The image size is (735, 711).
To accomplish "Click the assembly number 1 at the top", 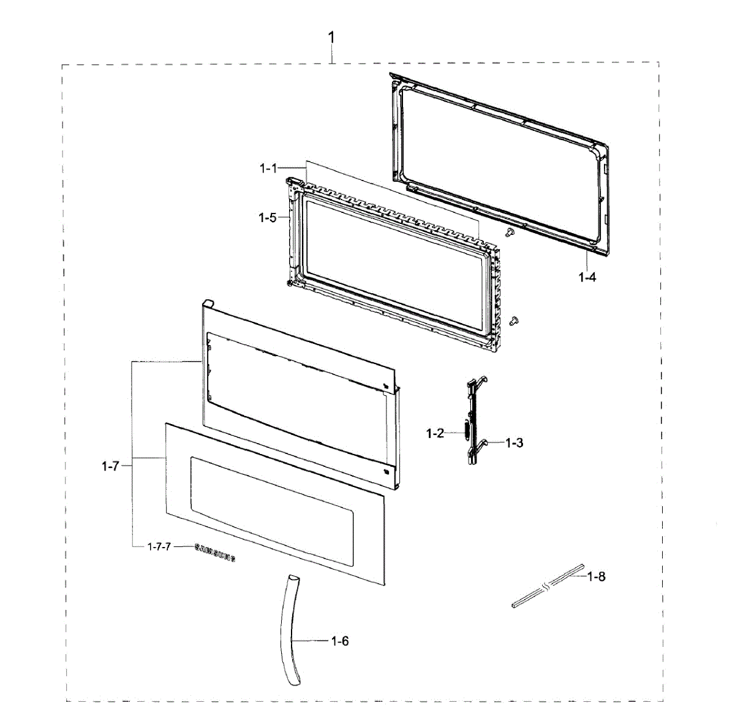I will click(x=331, y=38).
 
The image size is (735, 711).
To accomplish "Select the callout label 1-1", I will click(x=268, y=168).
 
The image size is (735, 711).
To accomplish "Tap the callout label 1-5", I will click(x=268, y=217).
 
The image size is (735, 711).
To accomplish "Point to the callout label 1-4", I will click(x=587, y=277).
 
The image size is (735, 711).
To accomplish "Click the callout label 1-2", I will click(x=435, y=434).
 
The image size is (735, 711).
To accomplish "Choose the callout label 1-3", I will click(x=514, y=442).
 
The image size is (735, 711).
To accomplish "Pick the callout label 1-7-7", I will click(x=159, y=546).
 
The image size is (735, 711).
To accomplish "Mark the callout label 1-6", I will click(x=340, y=641).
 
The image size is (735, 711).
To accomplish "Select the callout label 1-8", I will click(x=596, y=576).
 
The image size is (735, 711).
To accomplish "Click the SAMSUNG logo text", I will click(x=215, y=553).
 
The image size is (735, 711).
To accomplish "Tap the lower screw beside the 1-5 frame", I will click(x=514, y=319).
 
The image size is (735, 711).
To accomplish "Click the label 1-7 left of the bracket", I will click(x=110, y=466).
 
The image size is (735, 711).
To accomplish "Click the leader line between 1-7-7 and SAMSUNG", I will click(x=183, y=546).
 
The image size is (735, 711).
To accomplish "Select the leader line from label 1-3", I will click(x=496, y=442).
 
